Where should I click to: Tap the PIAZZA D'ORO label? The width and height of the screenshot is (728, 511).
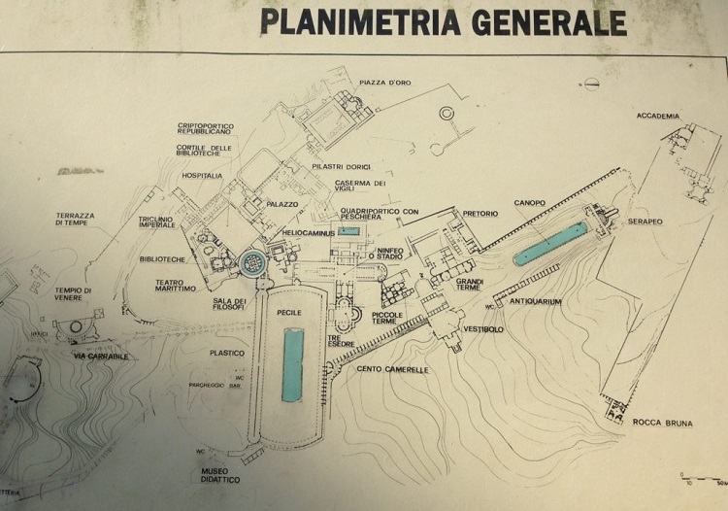pyautogui.click(x=385, y=83)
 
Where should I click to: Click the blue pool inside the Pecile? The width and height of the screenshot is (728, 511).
pyautogui.click(x=292, y=363)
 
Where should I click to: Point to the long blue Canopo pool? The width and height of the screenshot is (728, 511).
pyautogui.click(x=549, y=243)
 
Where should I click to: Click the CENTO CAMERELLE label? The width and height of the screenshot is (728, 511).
pyautogui.click(x=391, y=369)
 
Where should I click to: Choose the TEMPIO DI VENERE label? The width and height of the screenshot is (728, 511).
pyautogui.click(x=73, y=296)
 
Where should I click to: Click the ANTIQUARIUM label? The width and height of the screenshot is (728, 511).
pyautogui.click(x=536, y=301)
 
